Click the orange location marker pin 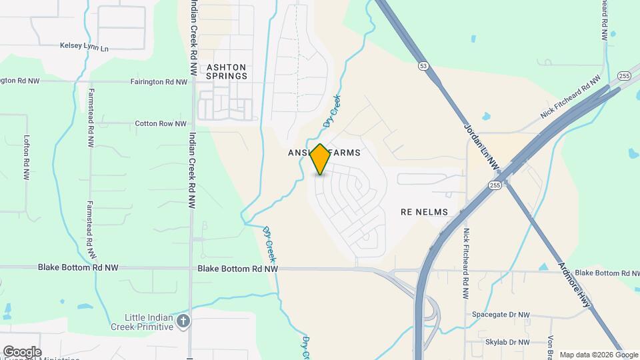tap(320, 159)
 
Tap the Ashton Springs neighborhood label tap(227, 71)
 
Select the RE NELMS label tap(424, 212)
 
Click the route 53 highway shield tap(423, 66)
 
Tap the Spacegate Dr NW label tap(501, 315)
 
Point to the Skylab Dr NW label tap(507, 342)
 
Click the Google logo tap(22, 352)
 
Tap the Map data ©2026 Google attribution tap(598, 355)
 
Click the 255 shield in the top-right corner tap(625, 76)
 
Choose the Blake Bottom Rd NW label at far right tap(607, 273)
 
